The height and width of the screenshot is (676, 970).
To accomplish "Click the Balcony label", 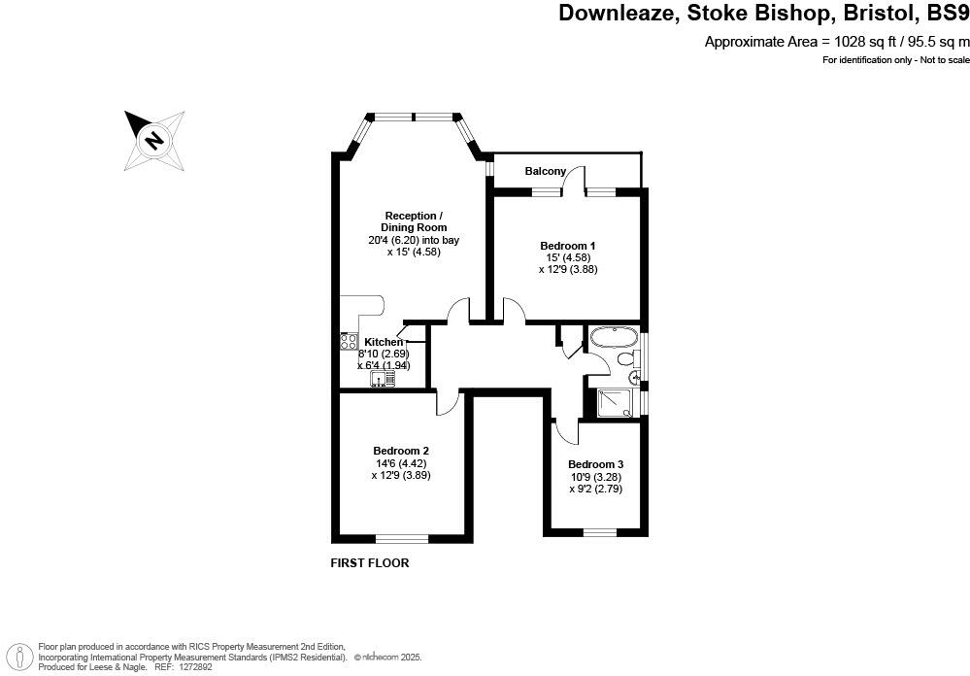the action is point(545,171).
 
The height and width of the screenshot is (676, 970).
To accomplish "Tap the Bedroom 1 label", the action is point(568,246).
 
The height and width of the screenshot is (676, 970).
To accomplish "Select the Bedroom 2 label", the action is point(401,452).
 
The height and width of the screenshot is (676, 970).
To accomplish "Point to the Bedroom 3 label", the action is point(596,464).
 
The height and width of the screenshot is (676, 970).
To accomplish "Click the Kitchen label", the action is point(384,342).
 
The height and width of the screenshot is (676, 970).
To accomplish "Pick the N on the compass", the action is point(154,141).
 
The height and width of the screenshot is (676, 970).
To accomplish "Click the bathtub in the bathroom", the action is point(614,338).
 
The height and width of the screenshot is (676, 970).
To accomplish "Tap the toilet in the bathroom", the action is point(627,357).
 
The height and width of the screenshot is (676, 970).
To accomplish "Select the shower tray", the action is point(615,403).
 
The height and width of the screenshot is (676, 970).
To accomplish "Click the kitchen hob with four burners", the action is point(349,342).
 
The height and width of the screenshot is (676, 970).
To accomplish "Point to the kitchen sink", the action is point(383,378).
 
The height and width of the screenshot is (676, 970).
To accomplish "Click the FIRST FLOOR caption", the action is point(370,563).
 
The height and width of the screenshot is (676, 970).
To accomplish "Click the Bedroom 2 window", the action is point(402,539).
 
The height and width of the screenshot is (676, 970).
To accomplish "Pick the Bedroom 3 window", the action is point(599,531).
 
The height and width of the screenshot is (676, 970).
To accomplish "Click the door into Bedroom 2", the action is point(448,404).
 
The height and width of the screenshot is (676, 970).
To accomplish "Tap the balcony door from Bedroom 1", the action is point(574,182).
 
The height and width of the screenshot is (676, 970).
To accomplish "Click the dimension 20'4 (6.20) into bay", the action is point(414,240).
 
